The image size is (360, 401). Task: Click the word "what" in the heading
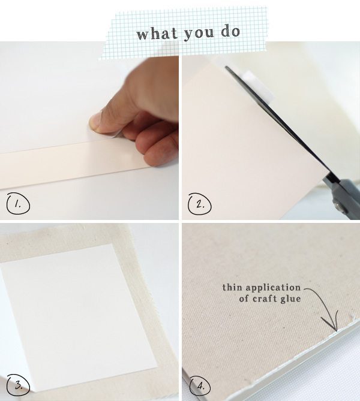click(155, 33)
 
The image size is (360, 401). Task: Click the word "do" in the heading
click(229, 32)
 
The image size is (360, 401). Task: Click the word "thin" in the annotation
click(232, 288)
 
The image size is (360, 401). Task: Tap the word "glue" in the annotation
click(289, 298)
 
